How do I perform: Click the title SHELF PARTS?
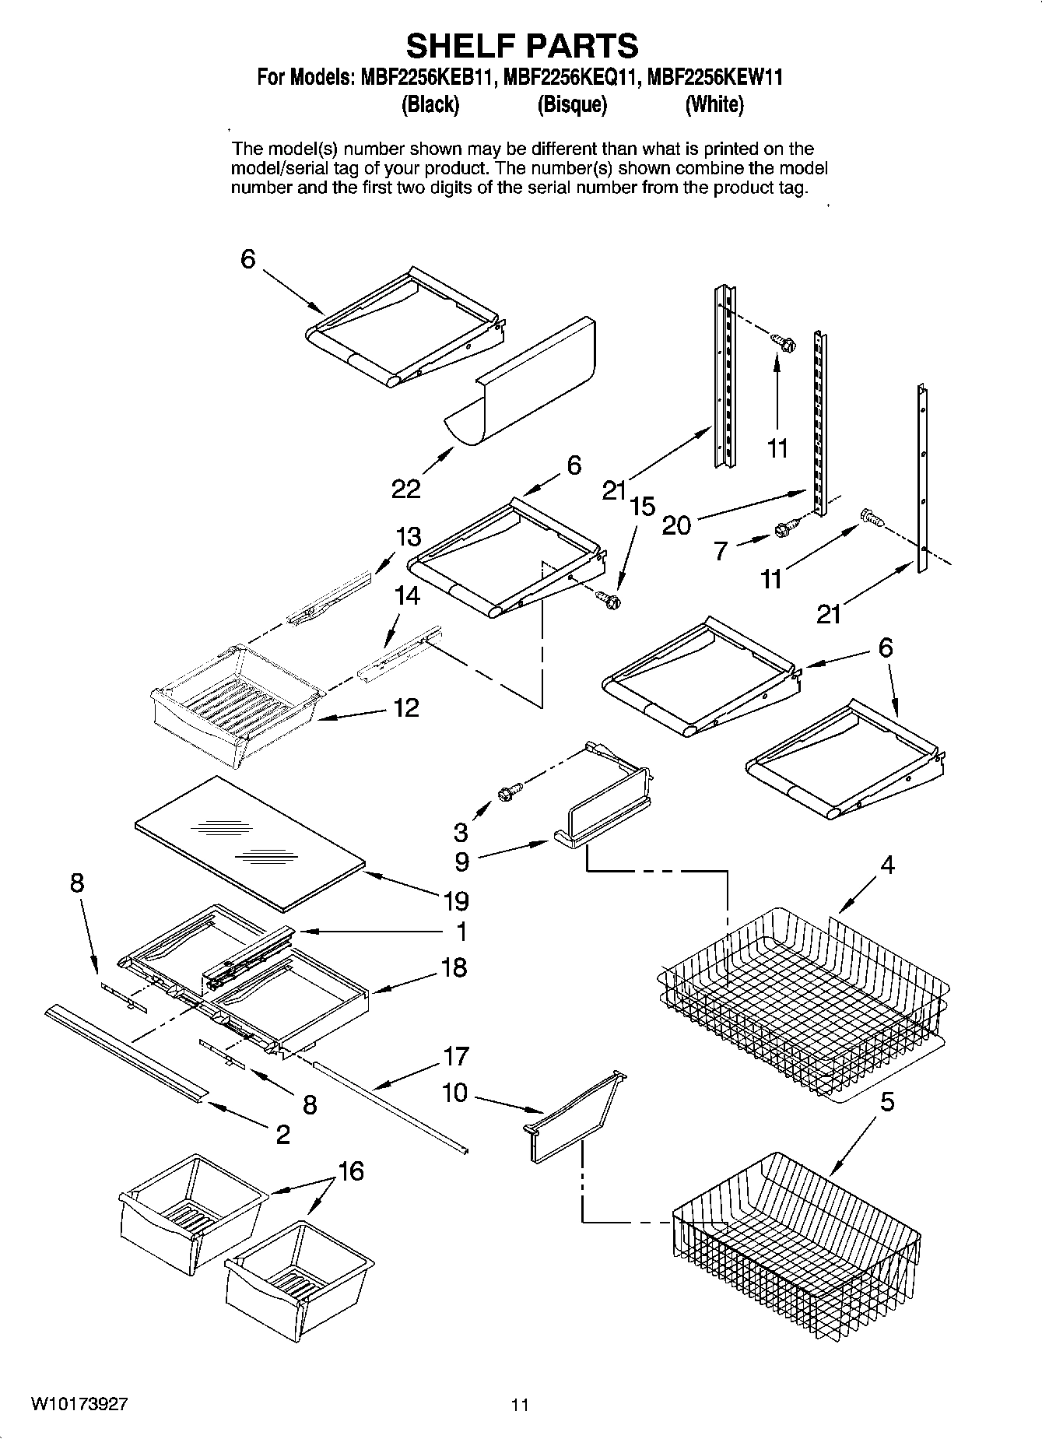click(521, 46)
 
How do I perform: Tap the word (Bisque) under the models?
click(572, 104)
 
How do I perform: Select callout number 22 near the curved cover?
click(405, 489)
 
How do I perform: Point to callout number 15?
click(643, 507)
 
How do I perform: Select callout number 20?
click(675, 525)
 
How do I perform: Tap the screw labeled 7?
click(784, 529)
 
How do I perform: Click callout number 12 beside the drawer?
click(406, 707)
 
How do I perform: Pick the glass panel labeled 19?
click(249, 843)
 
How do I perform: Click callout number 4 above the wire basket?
click(886, 865)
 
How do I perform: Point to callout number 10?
click(454, 1093)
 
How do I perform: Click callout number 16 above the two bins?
click(351, 1171)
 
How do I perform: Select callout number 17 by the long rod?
click(456, 1056)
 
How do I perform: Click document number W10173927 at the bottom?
click(79, 1405)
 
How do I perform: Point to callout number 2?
click(282, 1134)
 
